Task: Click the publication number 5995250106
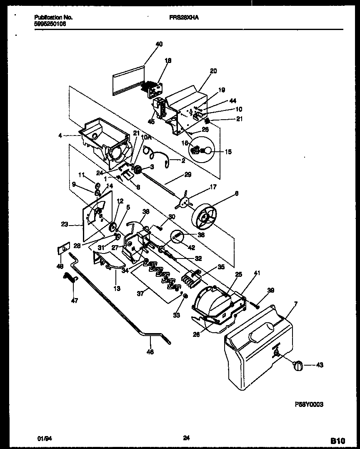click(50, 24)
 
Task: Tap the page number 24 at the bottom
click(187, 438)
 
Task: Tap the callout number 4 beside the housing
click(60, 135)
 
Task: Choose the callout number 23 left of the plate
click(64, 224)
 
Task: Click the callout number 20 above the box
click(213, 71)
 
